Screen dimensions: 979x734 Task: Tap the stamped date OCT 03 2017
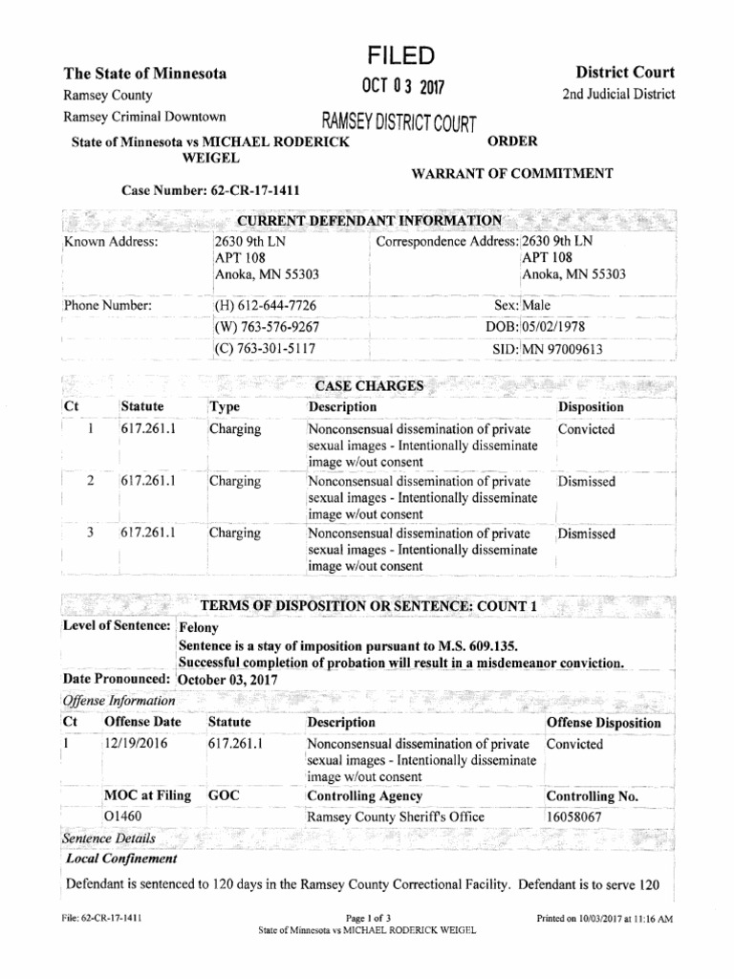coord(395,89)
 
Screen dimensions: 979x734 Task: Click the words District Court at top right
coord(626,73)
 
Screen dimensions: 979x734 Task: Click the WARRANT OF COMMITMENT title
coord(512,173)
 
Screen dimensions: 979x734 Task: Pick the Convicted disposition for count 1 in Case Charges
coord(587,429)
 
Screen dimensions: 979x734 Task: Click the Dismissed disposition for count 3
coord(587,533)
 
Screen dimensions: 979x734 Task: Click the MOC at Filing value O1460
coord(123,817)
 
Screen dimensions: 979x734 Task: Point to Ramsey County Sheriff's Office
coord(396,817)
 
